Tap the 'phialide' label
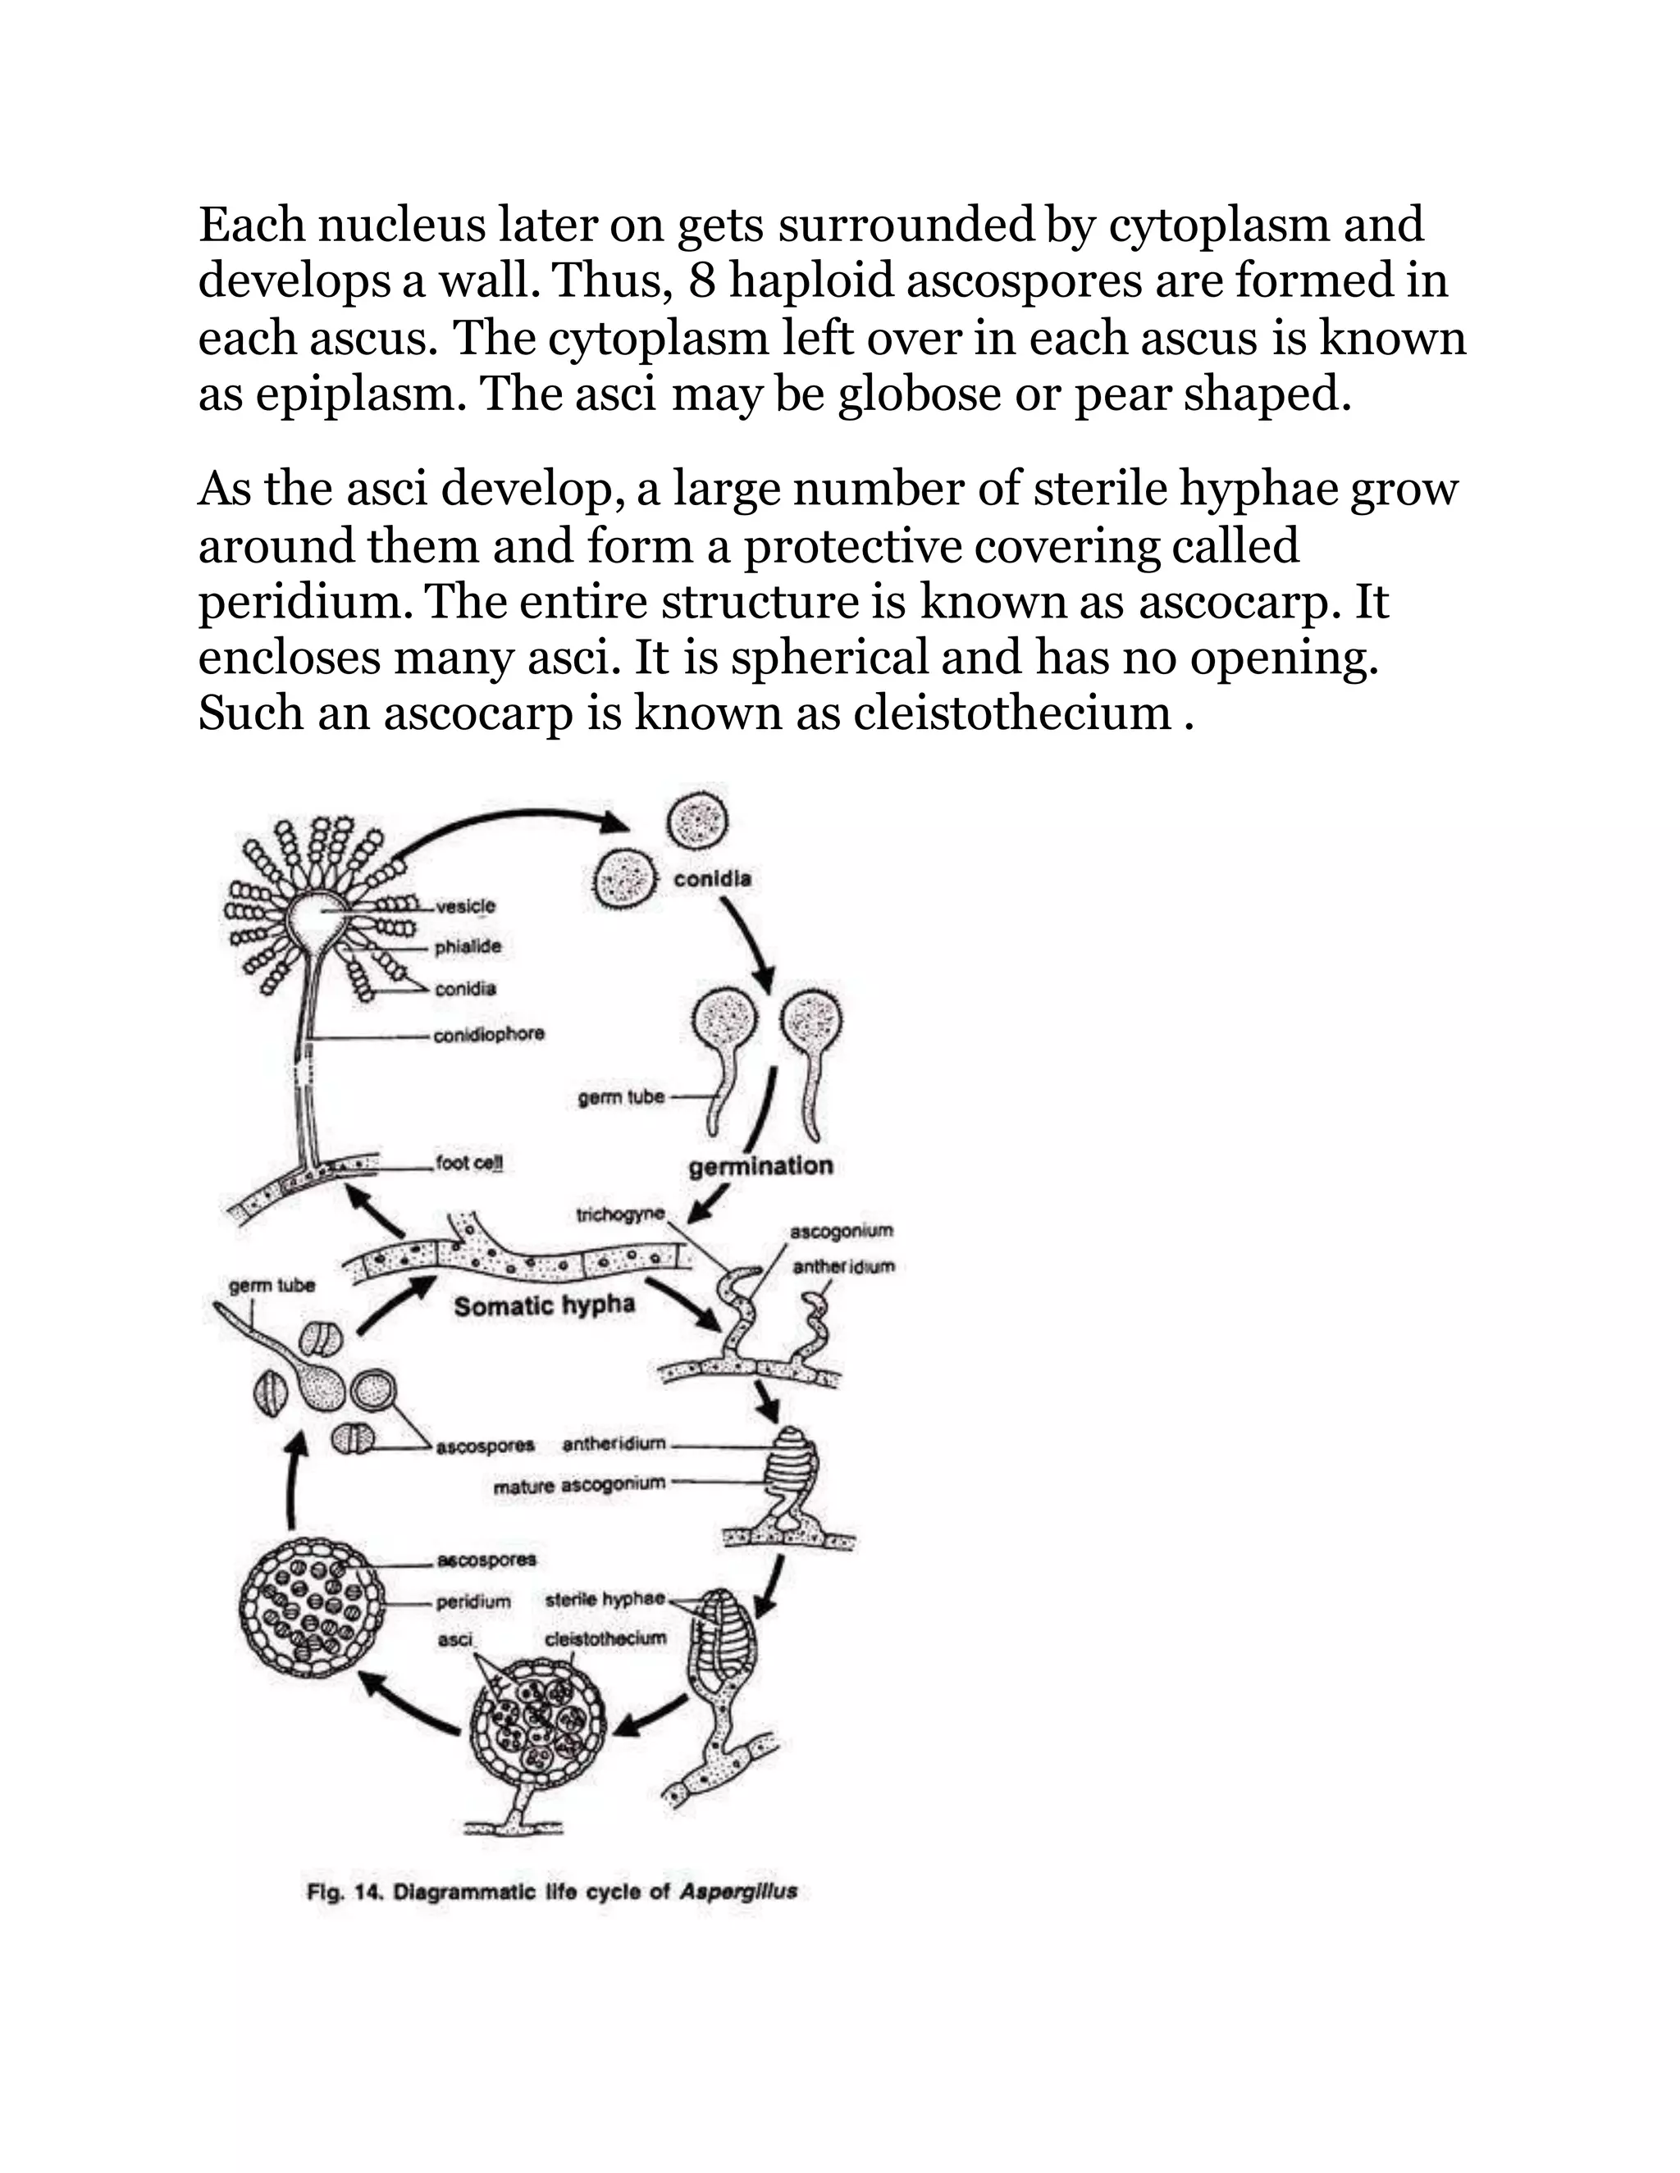coord(468,946)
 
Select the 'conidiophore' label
coord(490,1034)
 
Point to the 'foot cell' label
coord(468,1163)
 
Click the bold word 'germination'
coord(761,1166)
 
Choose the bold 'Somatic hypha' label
coord(545,1305)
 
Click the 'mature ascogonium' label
coord(579,1483)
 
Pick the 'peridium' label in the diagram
coord(474,1602)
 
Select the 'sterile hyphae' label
coord(605,1599)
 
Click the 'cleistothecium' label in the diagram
coord(606,1638)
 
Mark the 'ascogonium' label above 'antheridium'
coord(841,1231)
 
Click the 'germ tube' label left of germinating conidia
coord(620,1097)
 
